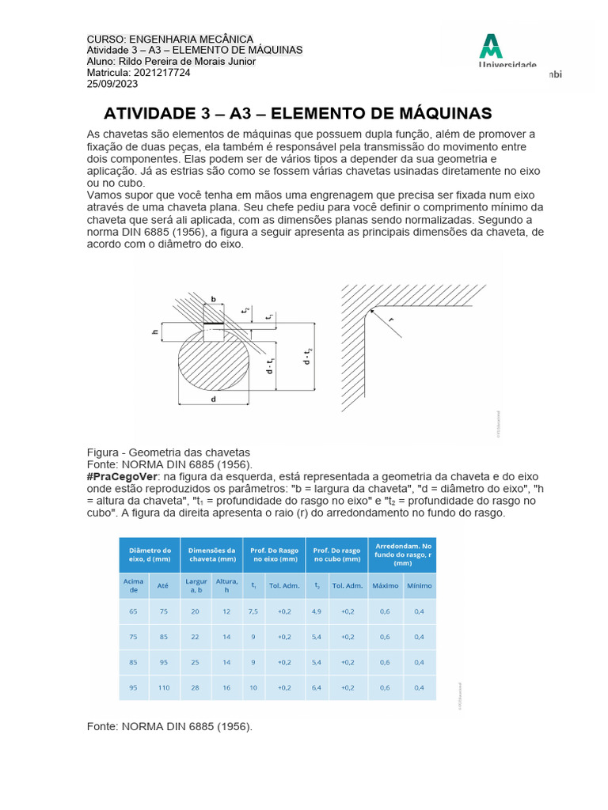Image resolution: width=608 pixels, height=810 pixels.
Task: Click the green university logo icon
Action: point(491,46)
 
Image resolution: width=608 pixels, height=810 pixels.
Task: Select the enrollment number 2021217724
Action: point(161,73)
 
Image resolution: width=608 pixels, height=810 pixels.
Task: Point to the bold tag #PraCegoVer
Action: point(123,477)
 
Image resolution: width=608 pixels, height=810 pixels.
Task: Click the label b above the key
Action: point(212,299)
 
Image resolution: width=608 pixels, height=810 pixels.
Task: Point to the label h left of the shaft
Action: point(155,332)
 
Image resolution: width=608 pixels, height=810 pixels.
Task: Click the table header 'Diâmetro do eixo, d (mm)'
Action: point(150,555)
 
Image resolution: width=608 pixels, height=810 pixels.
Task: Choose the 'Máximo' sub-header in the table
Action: point(385,585)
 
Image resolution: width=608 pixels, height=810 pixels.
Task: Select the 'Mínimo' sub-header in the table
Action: point(419,585)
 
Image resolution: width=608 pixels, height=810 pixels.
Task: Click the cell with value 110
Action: point(163,687)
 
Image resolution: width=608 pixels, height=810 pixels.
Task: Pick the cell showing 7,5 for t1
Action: point(253,611)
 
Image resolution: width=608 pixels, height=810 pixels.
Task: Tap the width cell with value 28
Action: point(196,687)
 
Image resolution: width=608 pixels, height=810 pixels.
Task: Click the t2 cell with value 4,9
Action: point(317,611)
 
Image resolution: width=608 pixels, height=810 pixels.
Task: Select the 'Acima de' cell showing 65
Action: point(133,611)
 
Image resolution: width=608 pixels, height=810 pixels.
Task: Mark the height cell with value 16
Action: point(226,687)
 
